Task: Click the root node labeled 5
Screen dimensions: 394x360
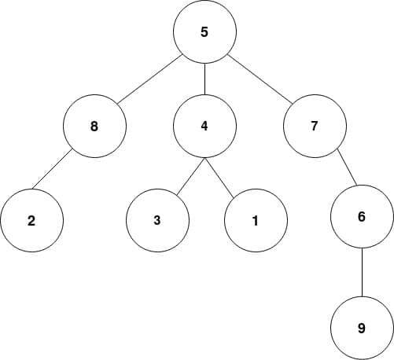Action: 204,31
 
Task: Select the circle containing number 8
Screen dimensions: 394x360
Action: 94,126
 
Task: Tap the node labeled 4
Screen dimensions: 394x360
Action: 204,126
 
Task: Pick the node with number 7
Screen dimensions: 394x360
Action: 315,126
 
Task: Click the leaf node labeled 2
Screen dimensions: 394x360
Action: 31,220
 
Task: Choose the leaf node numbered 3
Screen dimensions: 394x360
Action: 157,220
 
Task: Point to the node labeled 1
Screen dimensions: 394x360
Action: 256,220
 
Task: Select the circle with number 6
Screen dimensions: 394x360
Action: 362,216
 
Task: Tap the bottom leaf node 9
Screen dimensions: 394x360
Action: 362,328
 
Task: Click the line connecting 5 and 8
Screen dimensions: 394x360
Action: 149,80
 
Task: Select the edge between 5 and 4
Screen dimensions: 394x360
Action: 204,79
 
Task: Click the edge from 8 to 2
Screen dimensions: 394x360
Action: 52,169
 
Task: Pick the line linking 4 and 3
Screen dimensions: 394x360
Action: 191,176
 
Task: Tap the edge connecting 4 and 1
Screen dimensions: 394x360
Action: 219,177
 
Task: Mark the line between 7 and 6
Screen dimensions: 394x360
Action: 347,167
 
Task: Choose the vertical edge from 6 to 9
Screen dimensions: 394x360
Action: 362,272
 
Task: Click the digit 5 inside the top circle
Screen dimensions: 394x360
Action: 204,32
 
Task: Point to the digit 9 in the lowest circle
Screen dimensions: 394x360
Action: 362,328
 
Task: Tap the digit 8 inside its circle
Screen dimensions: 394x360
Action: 94,127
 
